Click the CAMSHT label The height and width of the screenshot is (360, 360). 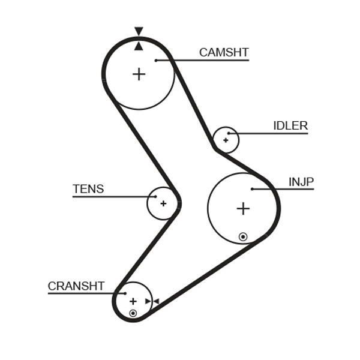coord(223,52)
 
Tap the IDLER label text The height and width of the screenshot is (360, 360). coord(290,126)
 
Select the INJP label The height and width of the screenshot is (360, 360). coord(301,182)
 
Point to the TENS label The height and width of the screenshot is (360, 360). coord(88,189)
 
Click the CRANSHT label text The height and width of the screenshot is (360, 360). coord(76,286)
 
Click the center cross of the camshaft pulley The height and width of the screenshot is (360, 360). coord(139,74)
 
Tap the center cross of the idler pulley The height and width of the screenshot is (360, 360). coord(226,140)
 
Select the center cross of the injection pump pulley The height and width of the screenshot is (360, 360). coord(242,209)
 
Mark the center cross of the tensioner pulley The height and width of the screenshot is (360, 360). coord(163,203)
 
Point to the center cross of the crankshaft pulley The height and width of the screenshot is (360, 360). coord(133,301)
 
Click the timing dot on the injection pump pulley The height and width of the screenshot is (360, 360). coord(242,237)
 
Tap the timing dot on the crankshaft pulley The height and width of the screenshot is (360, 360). coord(133,313)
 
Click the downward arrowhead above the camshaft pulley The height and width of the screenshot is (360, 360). coord(139,31)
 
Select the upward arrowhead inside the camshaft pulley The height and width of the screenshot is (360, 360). coord(139,46)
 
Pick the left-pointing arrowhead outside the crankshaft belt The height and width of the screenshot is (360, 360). coord(155,301)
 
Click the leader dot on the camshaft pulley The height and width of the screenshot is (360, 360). coord(156,60)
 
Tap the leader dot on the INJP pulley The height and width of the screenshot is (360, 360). coord(252,189)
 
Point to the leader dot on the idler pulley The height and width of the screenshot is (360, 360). coord(229,133)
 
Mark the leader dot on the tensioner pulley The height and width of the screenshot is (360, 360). coord(155,196)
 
